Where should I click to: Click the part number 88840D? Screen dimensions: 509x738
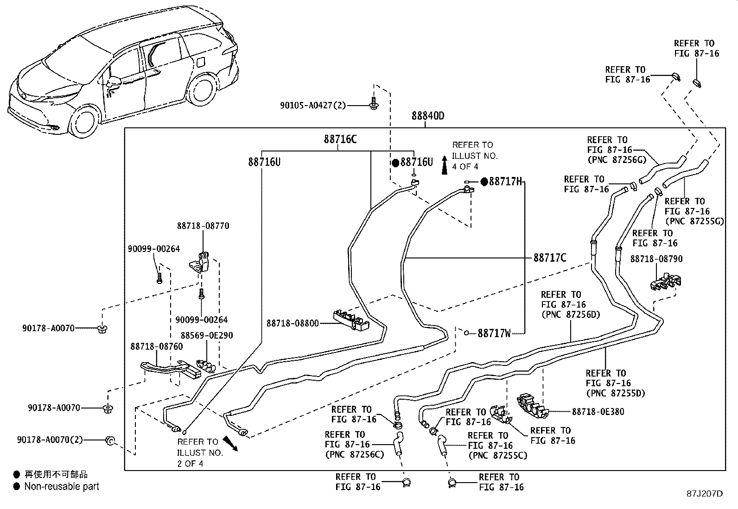[427, 116]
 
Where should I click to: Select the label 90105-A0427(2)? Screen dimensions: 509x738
[313, 105]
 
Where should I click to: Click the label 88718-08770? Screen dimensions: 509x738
[203, 226]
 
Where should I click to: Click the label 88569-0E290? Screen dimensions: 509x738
[207, 335]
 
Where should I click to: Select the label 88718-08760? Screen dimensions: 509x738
[156, 346]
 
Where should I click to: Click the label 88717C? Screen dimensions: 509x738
[550, 258]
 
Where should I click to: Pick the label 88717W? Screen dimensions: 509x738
[494, 333]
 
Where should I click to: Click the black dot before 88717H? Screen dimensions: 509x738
[484, 182]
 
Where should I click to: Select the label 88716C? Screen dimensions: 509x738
[340, 139]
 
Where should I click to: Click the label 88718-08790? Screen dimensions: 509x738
[656, 259]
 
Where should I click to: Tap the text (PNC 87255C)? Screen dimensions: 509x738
[497, 455]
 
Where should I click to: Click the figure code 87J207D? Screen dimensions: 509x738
[705, 493]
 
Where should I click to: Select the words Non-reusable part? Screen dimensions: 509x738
[62, 486]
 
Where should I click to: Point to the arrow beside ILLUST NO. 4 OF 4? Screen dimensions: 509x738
[444, 165]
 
